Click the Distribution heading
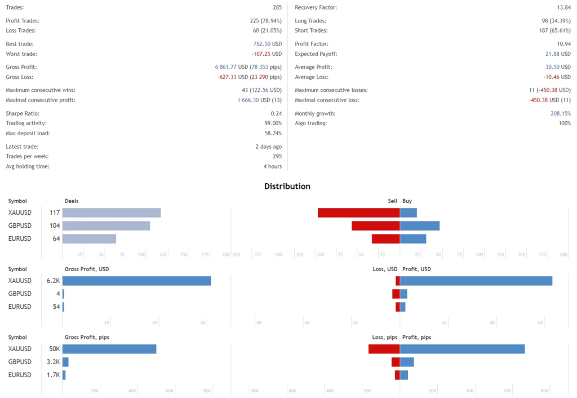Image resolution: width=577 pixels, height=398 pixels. (287, 186)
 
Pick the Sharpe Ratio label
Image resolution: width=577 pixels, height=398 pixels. (23, 113)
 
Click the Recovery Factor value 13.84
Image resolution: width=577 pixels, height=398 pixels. (562, 7)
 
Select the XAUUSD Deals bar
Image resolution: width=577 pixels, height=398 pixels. (112, 213)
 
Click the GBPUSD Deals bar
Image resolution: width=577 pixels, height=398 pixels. (106, 225)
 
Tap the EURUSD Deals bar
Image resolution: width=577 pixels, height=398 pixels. (89, 238)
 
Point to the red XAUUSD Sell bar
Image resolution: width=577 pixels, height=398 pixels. (358, 213)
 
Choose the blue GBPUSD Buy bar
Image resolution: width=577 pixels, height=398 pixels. (419, 225)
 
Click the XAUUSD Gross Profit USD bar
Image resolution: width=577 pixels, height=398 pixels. (136, 281)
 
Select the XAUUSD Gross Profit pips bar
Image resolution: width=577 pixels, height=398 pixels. (109, 349)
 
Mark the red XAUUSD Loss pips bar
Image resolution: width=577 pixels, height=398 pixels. (384, 349)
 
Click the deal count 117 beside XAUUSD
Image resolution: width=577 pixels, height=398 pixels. (55, 213)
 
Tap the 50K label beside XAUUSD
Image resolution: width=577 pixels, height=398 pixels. (55, 349)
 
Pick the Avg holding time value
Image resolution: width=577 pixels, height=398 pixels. (272, 166)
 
